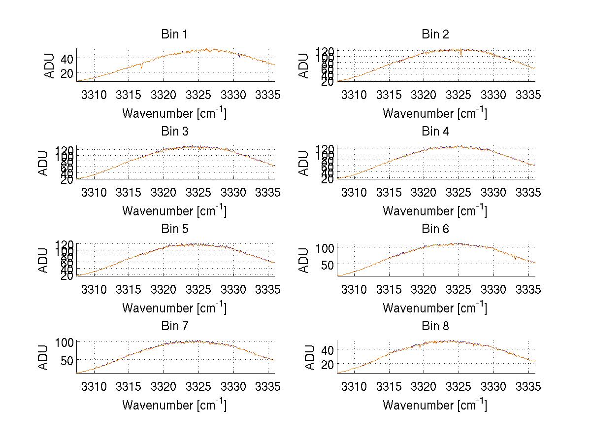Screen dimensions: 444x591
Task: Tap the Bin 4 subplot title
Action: click(x=435, y=132)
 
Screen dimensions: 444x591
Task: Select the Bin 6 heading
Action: click(x=435, y=229)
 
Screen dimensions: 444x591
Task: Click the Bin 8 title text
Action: click(x=435, y=326)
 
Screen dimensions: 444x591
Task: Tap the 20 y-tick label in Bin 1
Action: click(x=66, y=73)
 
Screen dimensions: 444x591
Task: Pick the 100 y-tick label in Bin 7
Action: click(x=65, y=342)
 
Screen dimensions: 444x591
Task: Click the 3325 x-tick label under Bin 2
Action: click(x=459, y=95)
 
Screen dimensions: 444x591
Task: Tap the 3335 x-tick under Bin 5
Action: click(x=268, y=289)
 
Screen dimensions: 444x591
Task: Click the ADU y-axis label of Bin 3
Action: click(x=44, y=163)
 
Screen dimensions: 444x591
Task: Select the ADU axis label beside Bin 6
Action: click(x=304, y=260)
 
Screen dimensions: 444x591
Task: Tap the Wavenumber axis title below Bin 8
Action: click(x=435, y=405)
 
